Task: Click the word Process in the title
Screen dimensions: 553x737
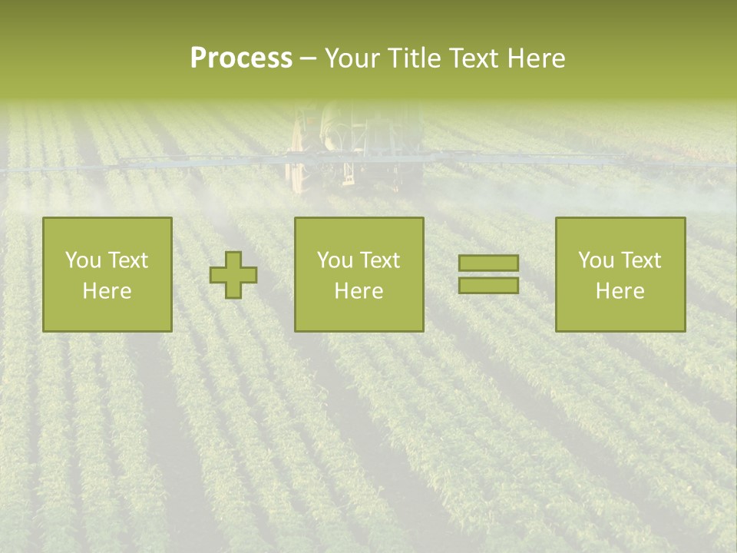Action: click(241, 58)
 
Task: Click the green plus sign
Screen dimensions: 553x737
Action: click(233, 274)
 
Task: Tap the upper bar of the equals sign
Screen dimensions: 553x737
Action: click(488, 263)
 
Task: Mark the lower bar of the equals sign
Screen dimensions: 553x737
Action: click(488, 285)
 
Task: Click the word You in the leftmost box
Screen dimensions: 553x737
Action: click(82, 260)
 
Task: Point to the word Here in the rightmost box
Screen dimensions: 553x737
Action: click(620, 291)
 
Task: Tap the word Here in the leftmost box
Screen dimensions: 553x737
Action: click(107, 291)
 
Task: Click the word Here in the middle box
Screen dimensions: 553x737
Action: click(359, 291)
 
